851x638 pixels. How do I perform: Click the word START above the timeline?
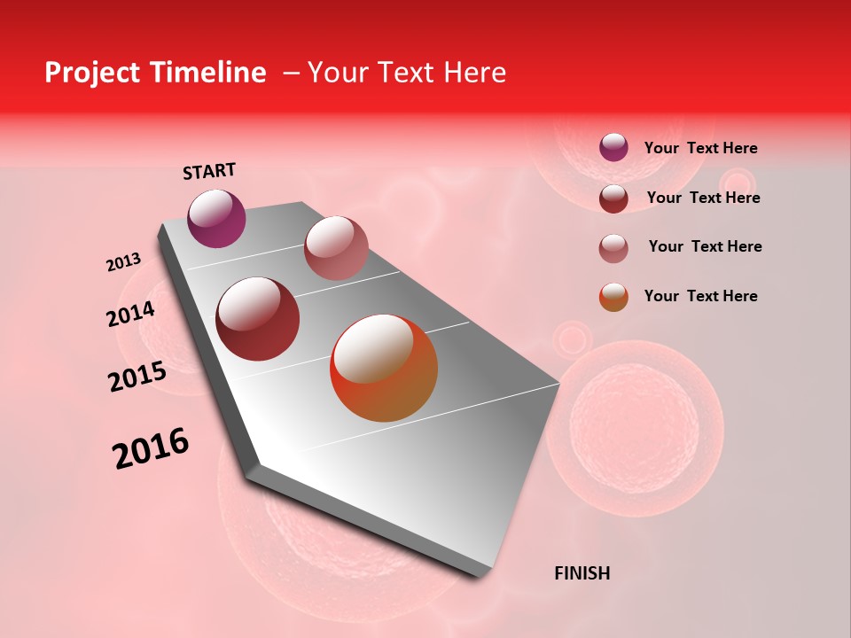tap(209, 171)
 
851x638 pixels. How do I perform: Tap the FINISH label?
tap(582, 573)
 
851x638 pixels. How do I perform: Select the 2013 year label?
tap(124, 262)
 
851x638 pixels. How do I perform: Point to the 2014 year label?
tap(131, 314)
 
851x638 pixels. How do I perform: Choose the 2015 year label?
tap(137, 377)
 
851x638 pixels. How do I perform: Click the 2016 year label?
tap(152, 448)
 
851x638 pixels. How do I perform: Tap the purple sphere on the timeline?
tap(217, 219)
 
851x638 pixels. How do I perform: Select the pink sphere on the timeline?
tap(336, 247)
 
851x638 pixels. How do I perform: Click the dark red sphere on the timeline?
tap(258, 319)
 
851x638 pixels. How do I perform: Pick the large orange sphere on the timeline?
tap(384, 368)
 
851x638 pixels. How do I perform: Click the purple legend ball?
tap(613, 147)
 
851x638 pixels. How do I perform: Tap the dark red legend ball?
tap(613, 198)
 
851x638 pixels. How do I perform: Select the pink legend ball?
tap(613, 247)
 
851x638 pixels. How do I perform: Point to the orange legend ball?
tap(613, 297)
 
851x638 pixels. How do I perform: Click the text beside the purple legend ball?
tap(700, 148)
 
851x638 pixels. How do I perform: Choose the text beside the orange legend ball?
tap(700, 296)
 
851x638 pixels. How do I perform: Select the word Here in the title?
tap(473, 73)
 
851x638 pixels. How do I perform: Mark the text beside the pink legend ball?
tap(705, 246)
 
